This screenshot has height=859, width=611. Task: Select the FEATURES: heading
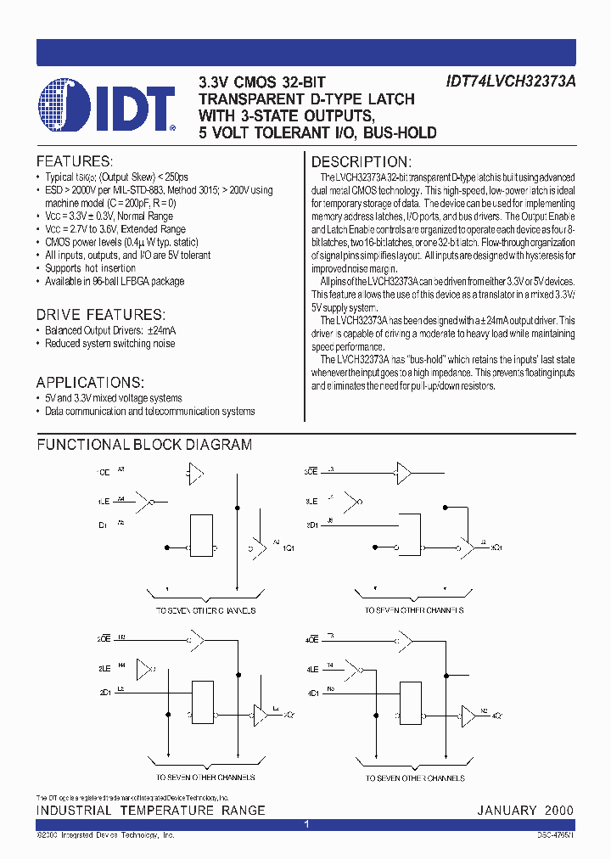coord(74,161)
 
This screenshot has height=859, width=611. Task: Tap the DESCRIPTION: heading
coord(362,161)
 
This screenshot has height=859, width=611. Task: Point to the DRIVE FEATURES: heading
coord(100,315)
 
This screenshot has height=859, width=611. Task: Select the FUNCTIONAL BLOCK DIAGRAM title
coord(144,445)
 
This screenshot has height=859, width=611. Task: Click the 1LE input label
coord(103,502)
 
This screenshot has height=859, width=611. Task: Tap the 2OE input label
coord(104,637)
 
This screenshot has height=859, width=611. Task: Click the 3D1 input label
coord(311,525)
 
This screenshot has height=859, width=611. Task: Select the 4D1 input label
coord(311,691)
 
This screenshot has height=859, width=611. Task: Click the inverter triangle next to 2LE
coord(147,668)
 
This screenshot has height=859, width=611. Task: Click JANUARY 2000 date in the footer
coord(525,811)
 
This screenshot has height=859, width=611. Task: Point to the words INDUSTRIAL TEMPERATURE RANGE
coord(150,811)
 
